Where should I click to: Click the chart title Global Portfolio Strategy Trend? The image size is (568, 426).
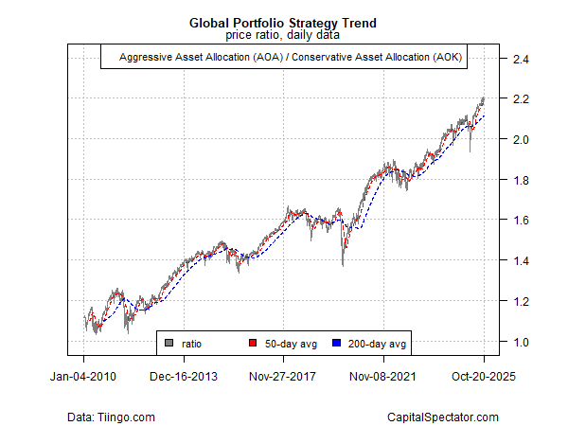(x=284, y=22)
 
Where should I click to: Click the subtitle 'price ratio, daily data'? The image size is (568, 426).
(x=284, y=35)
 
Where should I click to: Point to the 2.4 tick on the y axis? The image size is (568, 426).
(x=520, y=60)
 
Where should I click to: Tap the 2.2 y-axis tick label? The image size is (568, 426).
(x=520, y=99)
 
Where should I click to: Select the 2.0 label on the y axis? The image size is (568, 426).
(x=520, y=140)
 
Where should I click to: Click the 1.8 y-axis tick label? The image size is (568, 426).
(x=520, y=181)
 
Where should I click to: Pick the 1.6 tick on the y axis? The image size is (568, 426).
(x=520, y=221)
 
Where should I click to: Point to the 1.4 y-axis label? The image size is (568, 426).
(x=520, y=261)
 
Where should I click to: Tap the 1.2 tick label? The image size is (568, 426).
(x=520, y=302)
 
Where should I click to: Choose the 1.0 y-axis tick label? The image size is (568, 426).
(x=520, y=342)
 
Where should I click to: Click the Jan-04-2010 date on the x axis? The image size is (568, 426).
(x=83, y=376)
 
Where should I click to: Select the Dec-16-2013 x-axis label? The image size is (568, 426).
(x=184, y=376)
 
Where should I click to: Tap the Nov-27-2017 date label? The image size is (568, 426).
(x=284, y=376)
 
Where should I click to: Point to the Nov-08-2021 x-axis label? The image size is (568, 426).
(x=383, y=376)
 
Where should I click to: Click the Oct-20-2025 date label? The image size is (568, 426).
(x=484, y=376)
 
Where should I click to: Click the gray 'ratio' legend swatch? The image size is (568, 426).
(x=169, y=342)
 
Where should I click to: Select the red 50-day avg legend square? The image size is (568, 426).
(x=253, y=342)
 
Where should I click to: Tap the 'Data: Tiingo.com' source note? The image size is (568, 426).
(x=112, y=417)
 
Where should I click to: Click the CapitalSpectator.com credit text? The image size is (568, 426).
(x=443, y=417)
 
